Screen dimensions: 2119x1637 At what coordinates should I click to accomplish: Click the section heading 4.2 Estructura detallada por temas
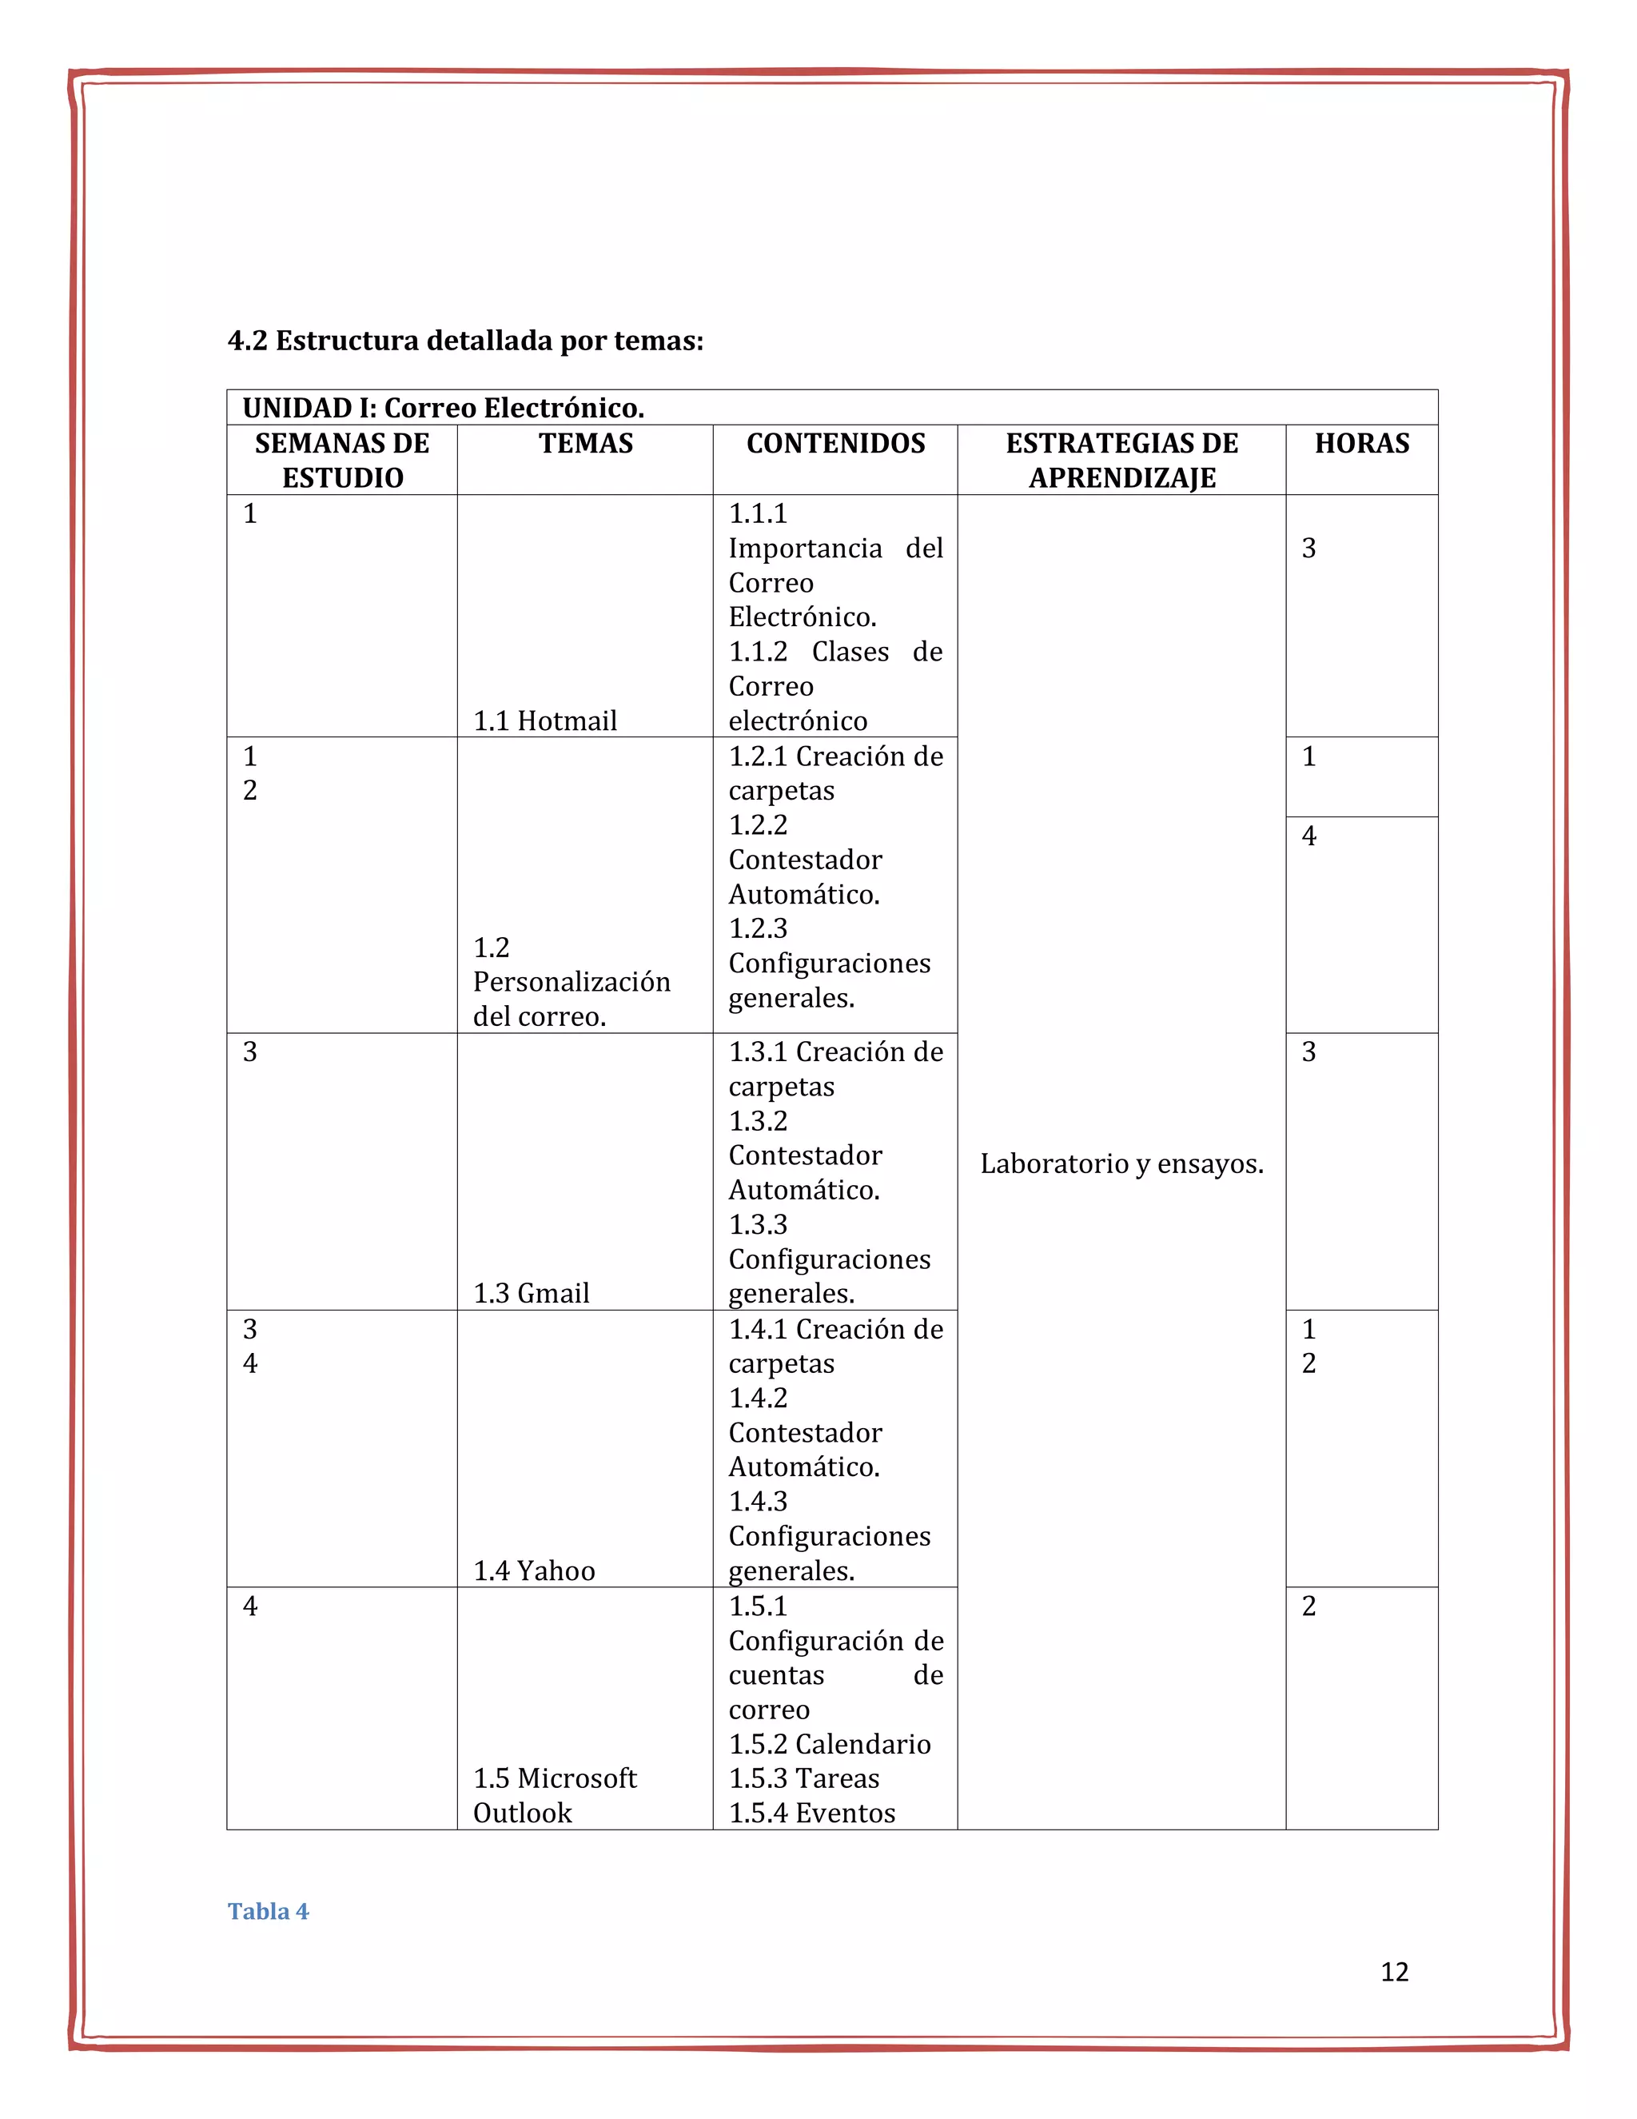(x=464, y=341)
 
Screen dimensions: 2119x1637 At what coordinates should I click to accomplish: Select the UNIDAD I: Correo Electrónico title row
(x=443, y=408)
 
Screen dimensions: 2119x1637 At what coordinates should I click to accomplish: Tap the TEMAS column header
(x=585, y=444)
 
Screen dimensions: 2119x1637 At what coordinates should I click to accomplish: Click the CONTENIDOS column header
(x=835, y=444)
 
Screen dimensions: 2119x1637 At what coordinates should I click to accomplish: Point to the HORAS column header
(x=1360, y=444)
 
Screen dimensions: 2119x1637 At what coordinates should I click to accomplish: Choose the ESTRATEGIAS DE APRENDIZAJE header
(x=1121, y=460)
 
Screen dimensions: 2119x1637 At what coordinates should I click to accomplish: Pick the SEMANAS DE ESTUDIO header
(x=341, y=460)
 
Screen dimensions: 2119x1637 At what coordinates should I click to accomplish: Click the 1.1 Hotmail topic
(x=544, y=721)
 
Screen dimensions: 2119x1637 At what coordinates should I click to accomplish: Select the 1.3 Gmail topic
(x=531, y=1292)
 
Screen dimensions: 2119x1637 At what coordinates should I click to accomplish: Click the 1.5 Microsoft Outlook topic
(x=554, y=1795)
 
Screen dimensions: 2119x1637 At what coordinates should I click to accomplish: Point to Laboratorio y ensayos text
(x=1121, y=1163)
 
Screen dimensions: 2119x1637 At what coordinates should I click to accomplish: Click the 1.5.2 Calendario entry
(x=829, y=1743)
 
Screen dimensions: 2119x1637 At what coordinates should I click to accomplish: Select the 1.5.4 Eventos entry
(x=812, y=1813)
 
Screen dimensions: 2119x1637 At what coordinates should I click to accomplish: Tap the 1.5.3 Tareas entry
(x=803, y=1778)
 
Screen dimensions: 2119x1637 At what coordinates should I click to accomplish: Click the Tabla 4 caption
(x=268, y=1910)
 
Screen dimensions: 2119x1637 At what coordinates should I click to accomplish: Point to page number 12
(x=1393, y=1972)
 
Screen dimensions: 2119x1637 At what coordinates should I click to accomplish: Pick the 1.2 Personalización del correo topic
(x=572, y=982)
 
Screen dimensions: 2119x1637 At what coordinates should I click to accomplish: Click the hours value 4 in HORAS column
(x=1308, y=836)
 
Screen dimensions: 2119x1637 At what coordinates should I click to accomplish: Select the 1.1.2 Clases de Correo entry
(x=835, y=668)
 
